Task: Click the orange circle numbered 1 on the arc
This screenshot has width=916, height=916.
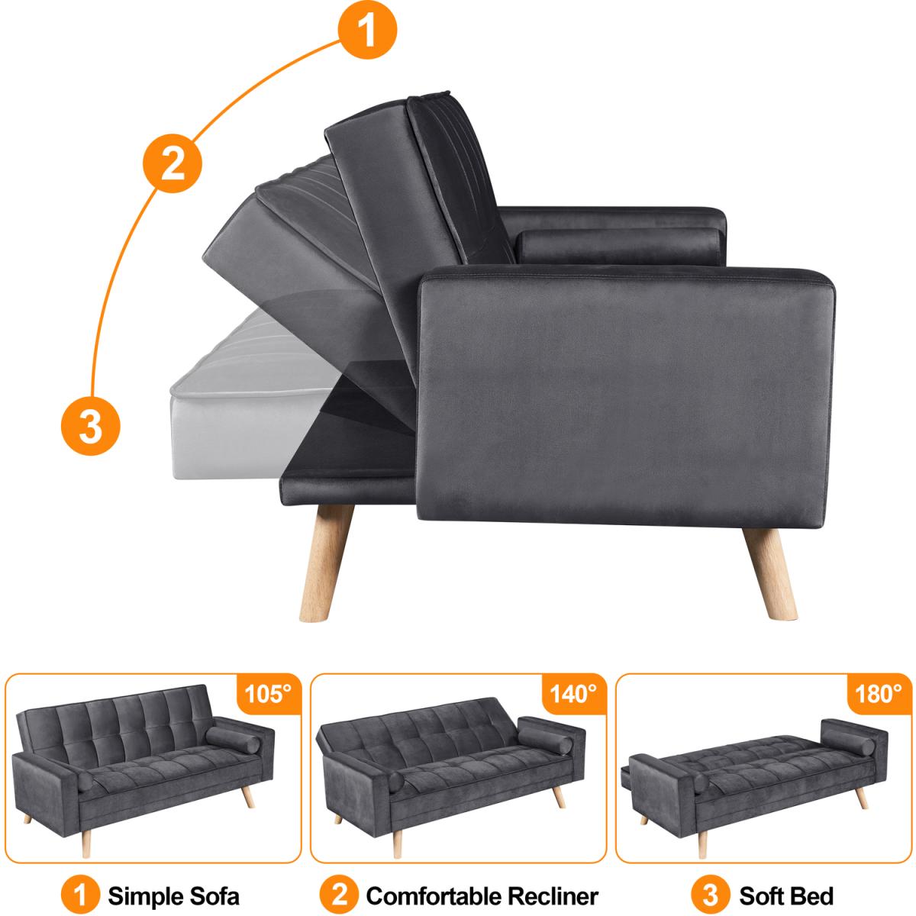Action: point(367,30)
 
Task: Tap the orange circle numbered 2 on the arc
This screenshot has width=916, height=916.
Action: point(173,163)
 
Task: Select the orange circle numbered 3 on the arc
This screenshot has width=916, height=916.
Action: point(90,426)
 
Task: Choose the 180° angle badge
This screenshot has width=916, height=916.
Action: point(879,694)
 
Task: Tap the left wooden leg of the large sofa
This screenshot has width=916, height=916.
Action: point(326,563)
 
